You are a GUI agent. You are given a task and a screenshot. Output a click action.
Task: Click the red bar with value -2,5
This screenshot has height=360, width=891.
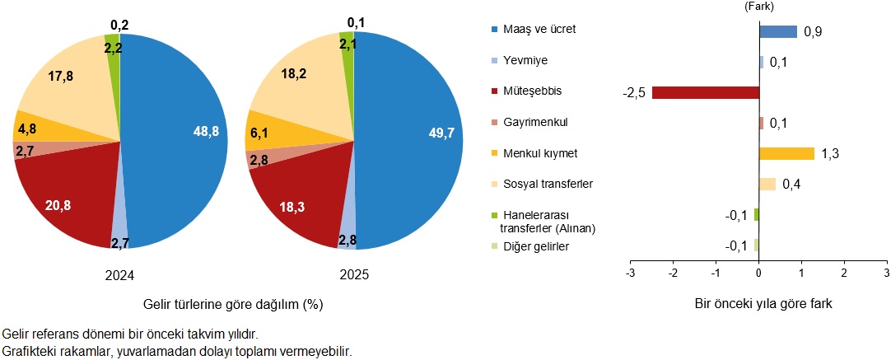[705, 92]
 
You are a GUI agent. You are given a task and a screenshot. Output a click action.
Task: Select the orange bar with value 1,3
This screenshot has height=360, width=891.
[786, 153]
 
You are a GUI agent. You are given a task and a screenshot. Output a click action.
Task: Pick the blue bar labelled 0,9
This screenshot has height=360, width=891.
[777, 31]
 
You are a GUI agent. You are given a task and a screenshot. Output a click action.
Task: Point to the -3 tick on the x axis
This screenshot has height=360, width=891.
[630, 273]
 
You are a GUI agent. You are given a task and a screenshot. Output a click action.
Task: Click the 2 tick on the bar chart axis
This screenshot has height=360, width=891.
[844, 273]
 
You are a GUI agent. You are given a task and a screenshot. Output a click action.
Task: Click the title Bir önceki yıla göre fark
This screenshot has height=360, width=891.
[758, 304]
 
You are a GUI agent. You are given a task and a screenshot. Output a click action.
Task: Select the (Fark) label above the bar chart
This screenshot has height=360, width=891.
[758, 7]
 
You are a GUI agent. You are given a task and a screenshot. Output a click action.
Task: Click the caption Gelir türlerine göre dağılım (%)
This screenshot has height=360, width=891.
[232, 304]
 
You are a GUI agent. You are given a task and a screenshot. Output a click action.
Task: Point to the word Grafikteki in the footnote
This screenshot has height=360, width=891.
[29, 351]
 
